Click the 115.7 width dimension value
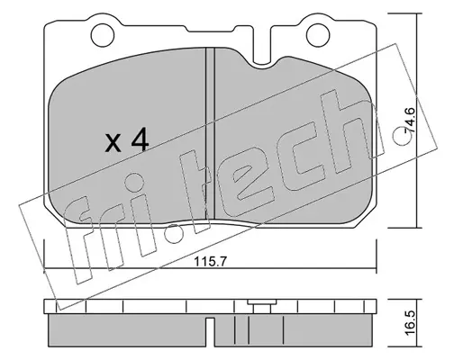click(210, 262)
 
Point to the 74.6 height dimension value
click(410, 121)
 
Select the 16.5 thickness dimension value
click(410, 323)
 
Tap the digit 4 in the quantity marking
click(140, 139)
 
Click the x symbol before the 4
click(113, 143)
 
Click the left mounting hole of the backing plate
click(103, 35)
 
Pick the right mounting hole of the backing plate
click(318, 35)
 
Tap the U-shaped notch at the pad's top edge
click(262, 45)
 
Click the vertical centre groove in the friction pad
click(210, 134)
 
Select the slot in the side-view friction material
click(210, 331)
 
